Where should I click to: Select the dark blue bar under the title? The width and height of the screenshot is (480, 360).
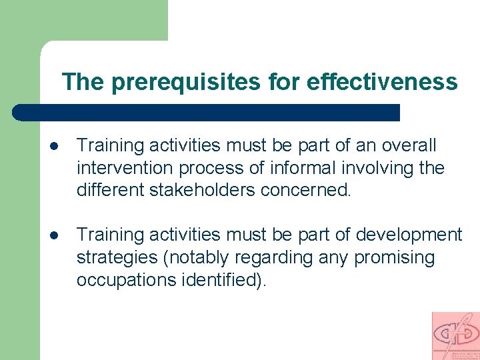click(x=207, y=112)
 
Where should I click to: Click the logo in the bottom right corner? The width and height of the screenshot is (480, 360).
click(x=455, y=335)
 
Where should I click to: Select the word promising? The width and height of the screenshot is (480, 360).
click(x=394, y=257)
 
